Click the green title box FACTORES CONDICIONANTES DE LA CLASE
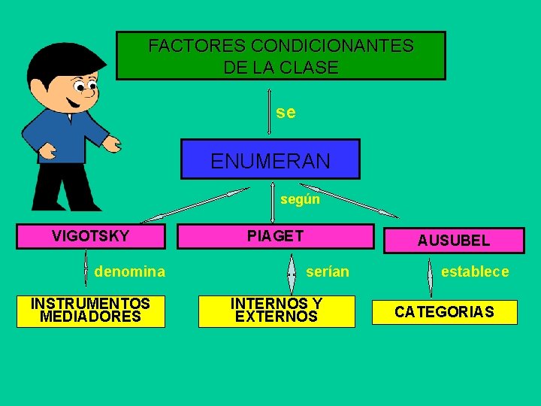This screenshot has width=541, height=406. point(281,55)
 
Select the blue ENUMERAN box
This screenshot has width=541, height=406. point(270,159)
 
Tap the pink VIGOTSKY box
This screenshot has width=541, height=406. point(91,237)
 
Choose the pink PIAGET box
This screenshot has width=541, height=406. point(275,236)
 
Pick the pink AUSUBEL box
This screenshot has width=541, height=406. point(453,241)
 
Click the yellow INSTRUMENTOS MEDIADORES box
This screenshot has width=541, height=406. point(90,311)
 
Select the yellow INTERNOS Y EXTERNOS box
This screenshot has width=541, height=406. point(277,311)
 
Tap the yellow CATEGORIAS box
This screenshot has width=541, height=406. point(445,312)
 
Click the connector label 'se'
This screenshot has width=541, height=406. point(286,113)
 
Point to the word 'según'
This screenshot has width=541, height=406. point(300,199)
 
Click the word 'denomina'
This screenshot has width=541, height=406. point(130,271)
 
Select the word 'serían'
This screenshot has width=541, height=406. point(328,271)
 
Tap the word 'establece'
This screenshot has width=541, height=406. point(475,271)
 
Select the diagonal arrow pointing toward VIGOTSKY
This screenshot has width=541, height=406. point(195,205)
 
